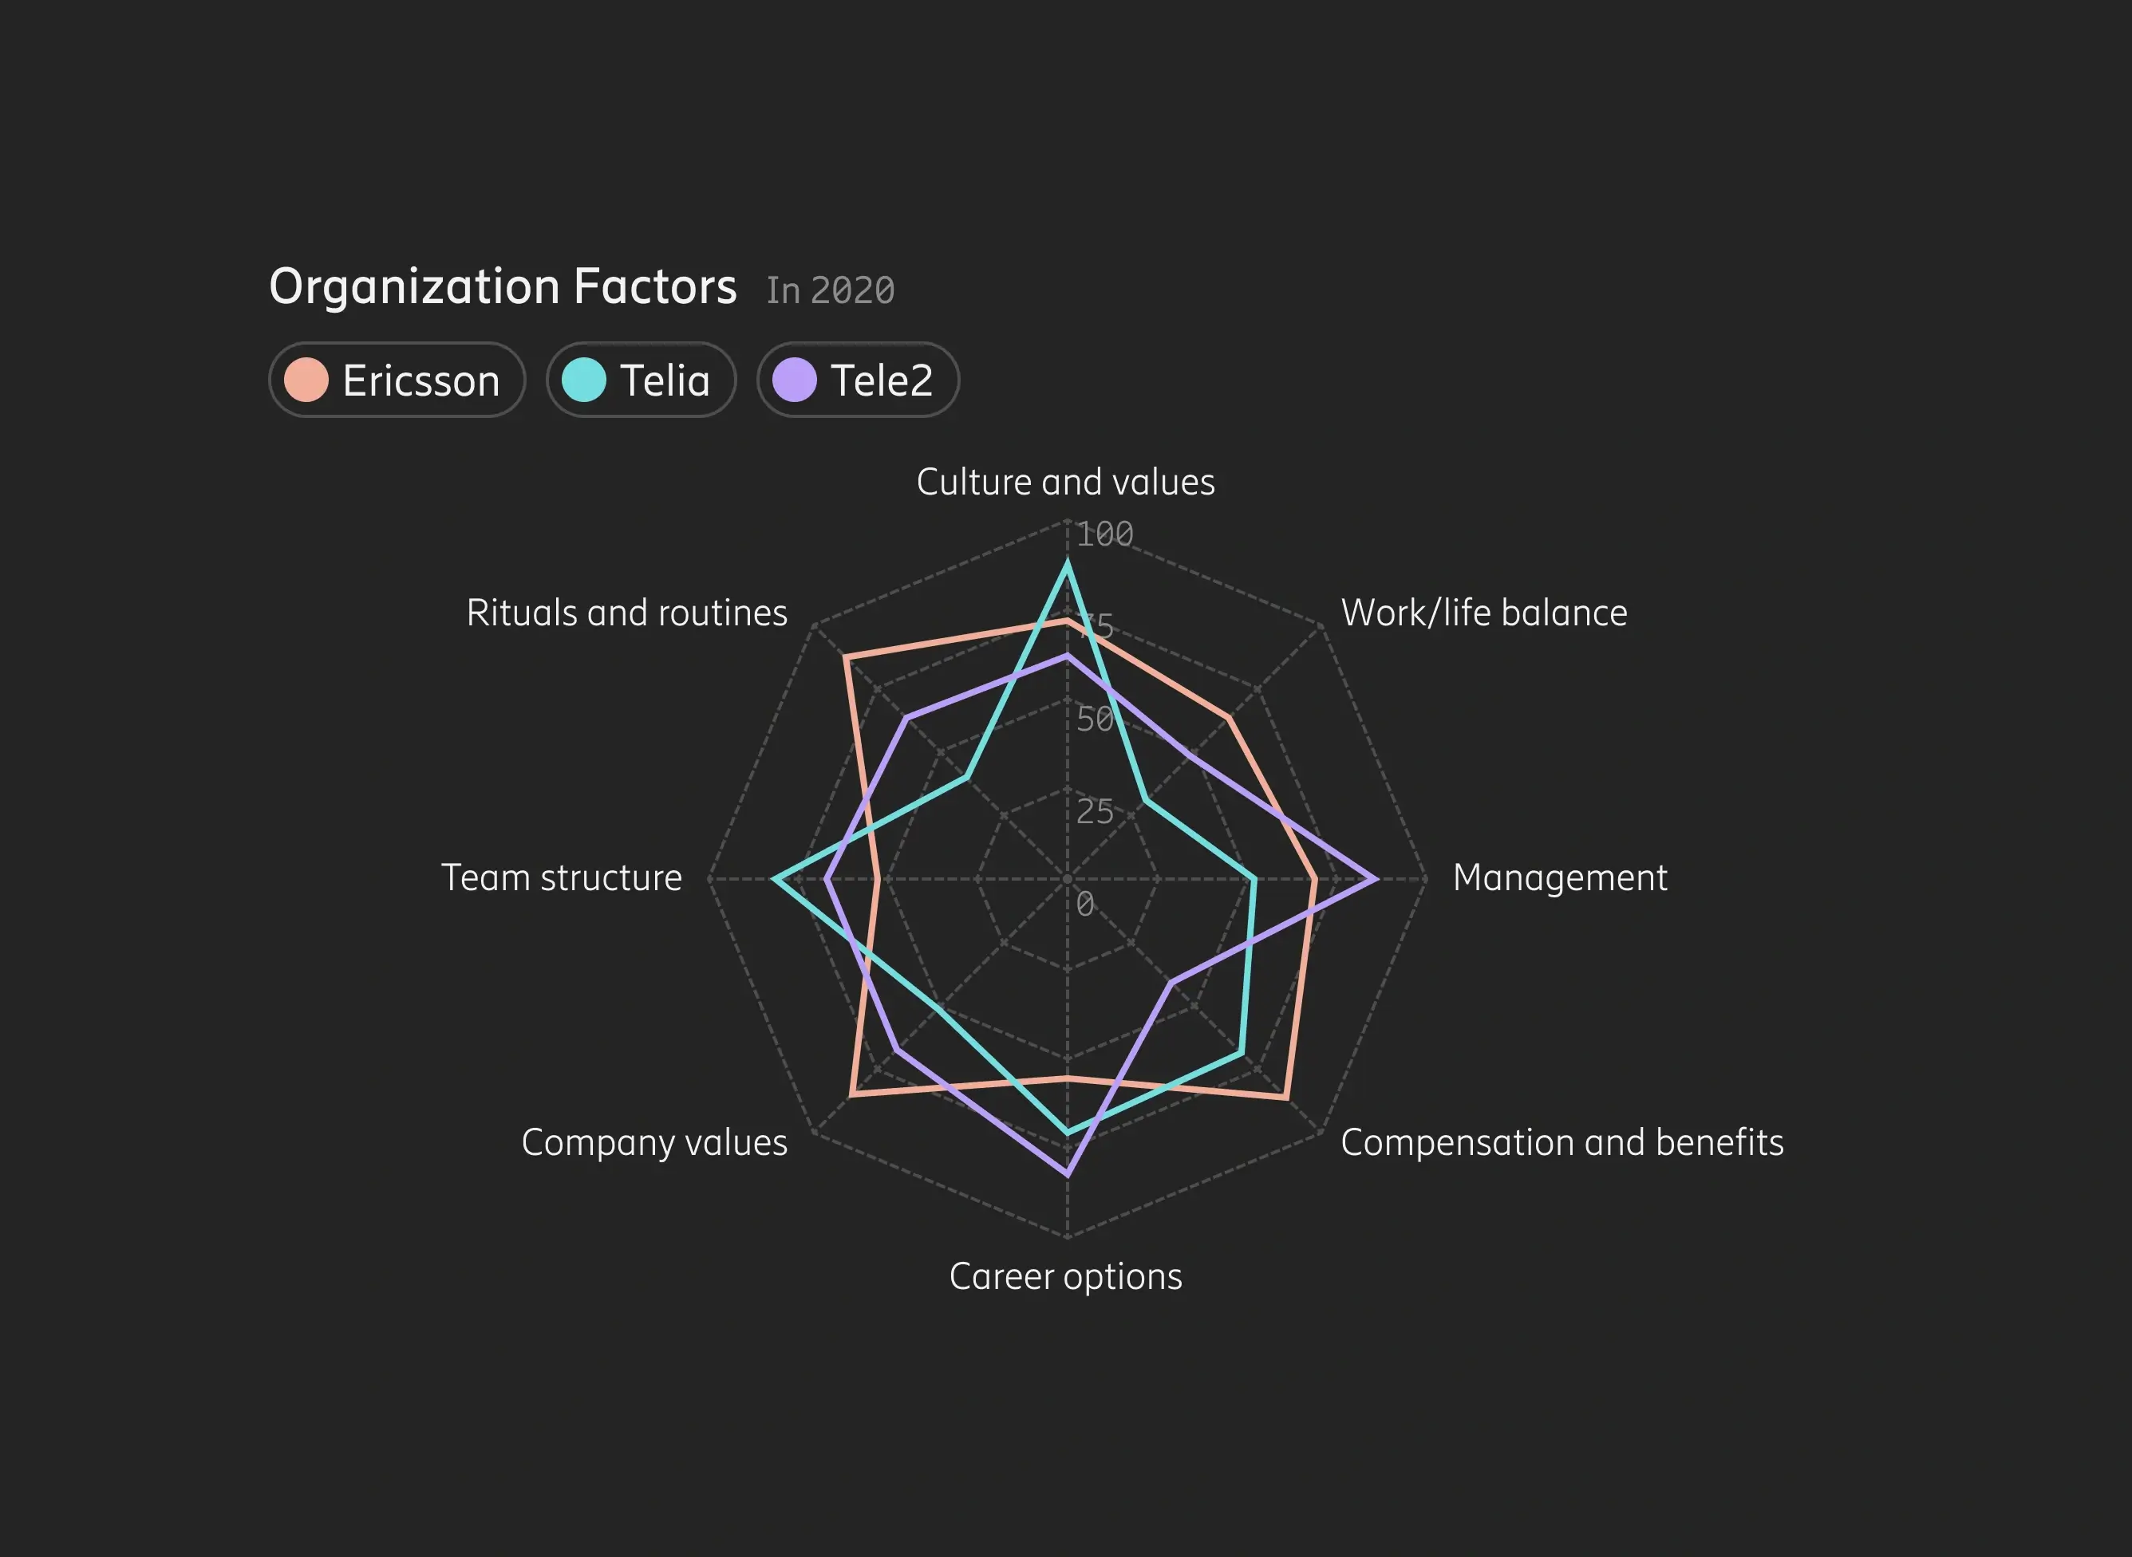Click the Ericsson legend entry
[397, 380]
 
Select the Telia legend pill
[641, 380]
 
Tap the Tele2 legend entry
[858, 380]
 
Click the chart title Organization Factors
[503, 286]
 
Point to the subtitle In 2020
[830, 290]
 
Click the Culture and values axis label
[1065, 483]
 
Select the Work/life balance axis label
[1483, 613]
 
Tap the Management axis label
[1560, 878]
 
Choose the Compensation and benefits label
[1561, 1143]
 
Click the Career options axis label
[1065, 1277]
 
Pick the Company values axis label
[654, 1143]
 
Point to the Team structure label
[562, 878]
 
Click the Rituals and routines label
[627, 613]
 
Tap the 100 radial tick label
[1104, 535]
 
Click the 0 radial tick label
[1085, 904]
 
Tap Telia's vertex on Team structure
[774, 879]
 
